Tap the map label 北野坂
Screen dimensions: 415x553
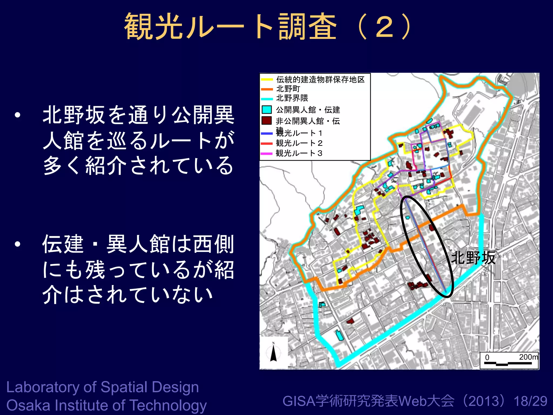[473, 257]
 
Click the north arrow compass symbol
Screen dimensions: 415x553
[274, 352]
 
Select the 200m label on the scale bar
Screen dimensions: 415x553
[528, 357]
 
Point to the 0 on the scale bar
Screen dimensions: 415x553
[487, 357]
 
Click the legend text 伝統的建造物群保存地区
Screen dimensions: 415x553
[320, 79]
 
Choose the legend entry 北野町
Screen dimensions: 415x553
[288, 89]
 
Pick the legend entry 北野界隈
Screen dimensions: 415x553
[292, 98]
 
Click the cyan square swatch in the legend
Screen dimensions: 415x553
[267, 109]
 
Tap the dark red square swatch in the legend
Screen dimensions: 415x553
[267, 121]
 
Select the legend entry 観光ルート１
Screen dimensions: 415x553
[299, 133]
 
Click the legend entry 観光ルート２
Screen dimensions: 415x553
[299, 143]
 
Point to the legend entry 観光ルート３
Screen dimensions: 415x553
[299, 153]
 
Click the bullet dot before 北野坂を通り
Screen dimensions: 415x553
[18, 115]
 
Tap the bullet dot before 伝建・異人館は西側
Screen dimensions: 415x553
[18, 244]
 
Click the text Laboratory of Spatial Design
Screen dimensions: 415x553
[103, 387]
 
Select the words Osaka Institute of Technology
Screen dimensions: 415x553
[106, 405]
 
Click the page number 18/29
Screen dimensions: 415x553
[530, 401]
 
